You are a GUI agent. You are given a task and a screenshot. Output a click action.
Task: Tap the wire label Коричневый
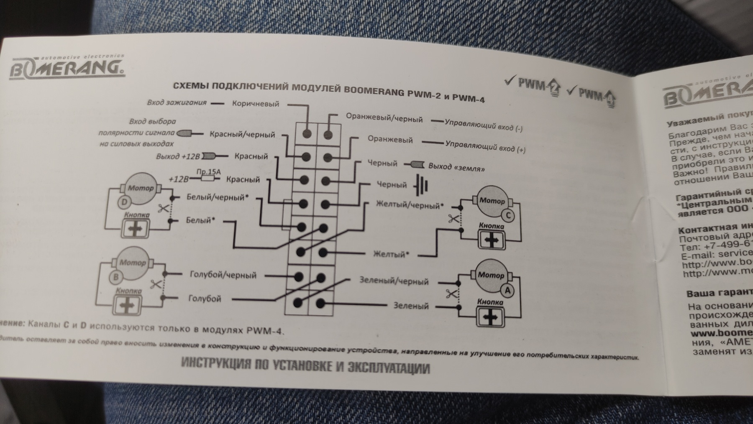tap(255, 104)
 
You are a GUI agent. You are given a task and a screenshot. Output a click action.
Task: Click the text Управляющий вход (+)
tap(485, 146)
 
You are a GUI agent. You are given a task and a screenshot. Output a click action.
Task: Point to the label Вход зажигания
tap(177, 102)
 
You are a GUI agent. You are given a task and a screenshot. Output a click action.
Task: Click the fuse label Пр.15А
tap(208, 172)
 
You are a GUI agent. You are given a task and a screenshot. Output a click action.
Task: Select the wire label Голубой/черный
tap(223, 275)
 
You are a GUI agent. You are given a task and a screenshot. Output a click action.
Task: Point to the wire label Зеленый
tap(411, 306)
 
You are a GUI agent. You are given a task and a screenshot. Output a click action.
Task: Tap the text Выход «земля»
tap(457, 167)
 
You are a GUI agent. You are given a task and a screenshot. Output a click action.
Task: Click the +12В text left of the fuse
tap(179, 179)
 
